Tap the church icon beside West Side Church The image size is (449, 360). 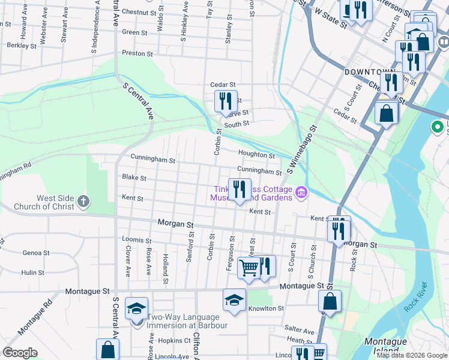point(83,202)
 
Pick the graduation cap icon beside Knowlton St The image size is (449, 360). point(234,299)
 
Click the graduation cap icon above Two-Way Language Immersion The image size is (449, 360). point(136,308)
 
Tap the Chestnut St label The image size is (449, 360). point(139,11)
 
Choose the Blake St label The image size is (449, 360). point(134,178)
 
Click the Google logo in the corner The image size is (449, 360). point(20,353)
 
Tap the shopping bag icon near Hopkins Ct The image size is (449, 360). point(107,349)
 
